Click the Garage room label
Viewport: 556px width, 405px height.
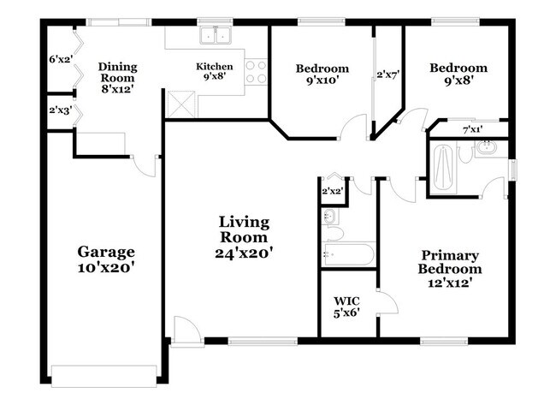106,252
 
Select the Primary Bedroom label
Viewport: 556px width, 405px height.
448,262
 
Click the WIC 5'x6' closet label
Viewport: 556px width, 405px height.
346,307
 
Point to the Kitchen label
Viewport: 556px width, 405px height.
214,66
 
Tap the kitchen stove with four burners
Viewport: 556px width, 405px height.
256,70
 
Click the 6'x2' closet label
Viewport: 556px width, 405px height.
60,60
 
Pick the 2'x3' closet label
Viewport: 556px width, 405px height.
59,110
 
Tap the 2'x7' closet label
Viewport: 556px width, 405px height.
388,75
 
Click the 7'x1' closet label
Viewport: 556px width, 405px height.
472,129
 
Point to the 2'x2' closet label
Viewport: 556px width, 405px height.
331,191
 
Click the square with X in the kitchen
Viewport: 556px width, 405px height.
181,107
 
